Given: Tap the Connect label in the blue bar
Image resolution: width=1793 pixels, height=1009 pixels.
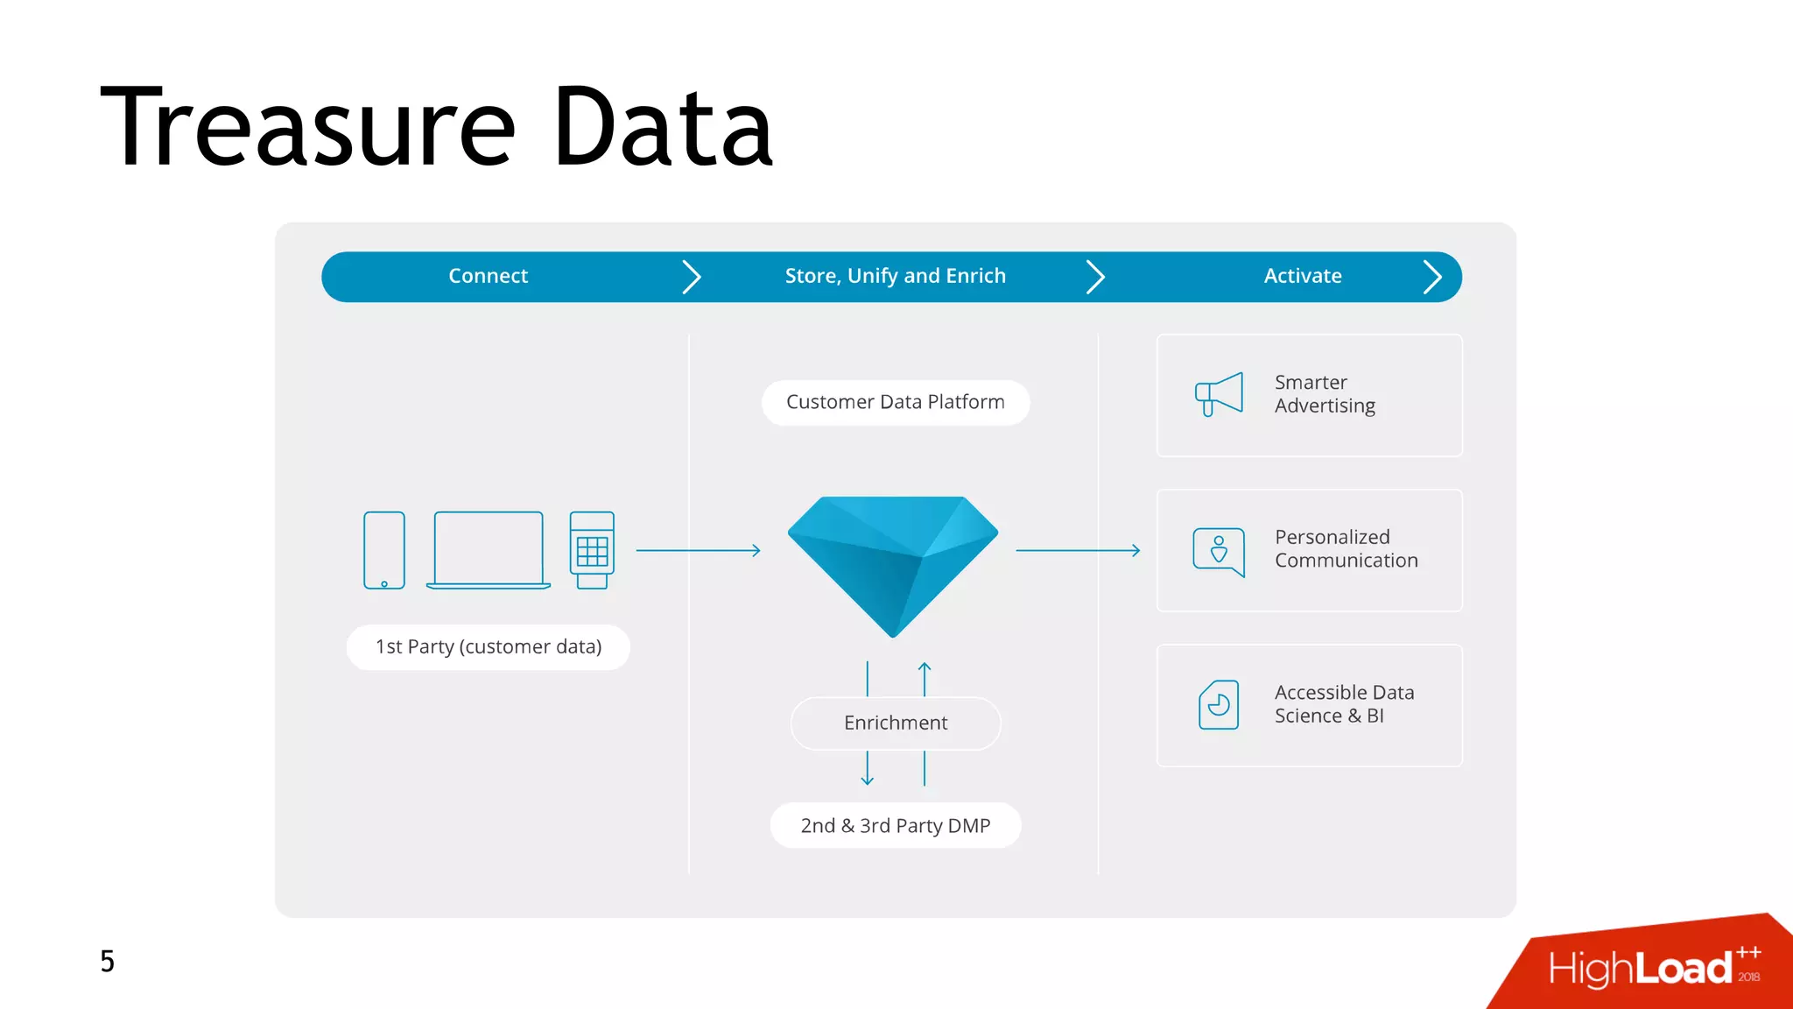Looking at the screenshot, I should (x=488, y=276).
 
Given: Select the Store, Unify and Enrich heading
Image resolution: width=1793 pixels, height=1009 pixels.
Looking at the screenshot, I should (x=895, y=276).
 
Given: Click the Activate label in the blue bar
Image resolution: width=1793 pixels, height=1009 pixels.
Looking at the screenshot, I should (x=1302, y=276).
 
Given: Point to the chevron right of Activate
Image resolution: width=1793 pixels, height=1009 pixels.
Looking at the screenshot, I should (x=1432, y=277).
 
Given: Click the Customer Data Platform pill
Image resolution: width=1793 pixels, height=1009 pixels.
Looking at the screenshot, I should (x=895, y=402).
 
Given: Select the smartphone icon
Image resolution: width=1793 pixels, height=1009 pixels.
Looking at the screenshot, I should (x=384, y=550).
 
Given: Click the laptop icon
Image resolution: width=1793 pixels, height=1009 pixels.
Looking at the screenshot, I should (x=489, y=550).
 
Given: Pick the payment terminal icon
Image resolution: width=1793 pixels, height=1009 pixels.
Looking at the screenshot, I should (x=592, y=550).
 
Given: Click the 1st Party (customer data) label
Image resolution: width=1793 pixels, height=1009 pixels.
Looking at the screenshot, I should (x=489, y=647).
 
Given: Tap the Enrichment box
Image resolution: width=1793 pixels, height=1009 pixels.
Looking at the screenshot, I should (x=895, y=723).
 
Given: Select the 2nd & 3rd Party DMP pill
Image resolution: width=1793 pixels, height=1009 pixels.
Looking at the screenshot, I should (x=895, y=826).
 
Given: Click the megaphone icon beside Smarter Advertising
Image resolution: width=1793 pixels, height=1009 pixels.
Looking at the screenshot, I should (x=1219, y=394).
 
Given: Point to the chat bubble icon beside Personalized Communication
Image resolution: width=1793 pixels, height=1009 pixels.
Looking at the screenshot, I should (x=1219, y=551).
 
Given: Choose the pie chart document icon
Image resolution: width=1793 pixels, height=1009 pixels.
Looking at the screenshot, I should (x=1219, y=704).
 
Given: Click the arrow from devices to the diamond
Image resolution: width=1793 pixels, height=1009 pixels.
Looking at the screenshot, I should (x=698, y=550).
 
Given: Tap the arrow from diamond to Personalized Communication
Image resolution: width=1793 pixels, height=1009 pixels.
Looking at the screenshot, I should (x=1078, y=550).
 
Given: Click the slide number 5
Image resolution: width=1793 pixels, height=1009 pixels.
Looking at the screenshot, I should (x=107, y=961).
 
